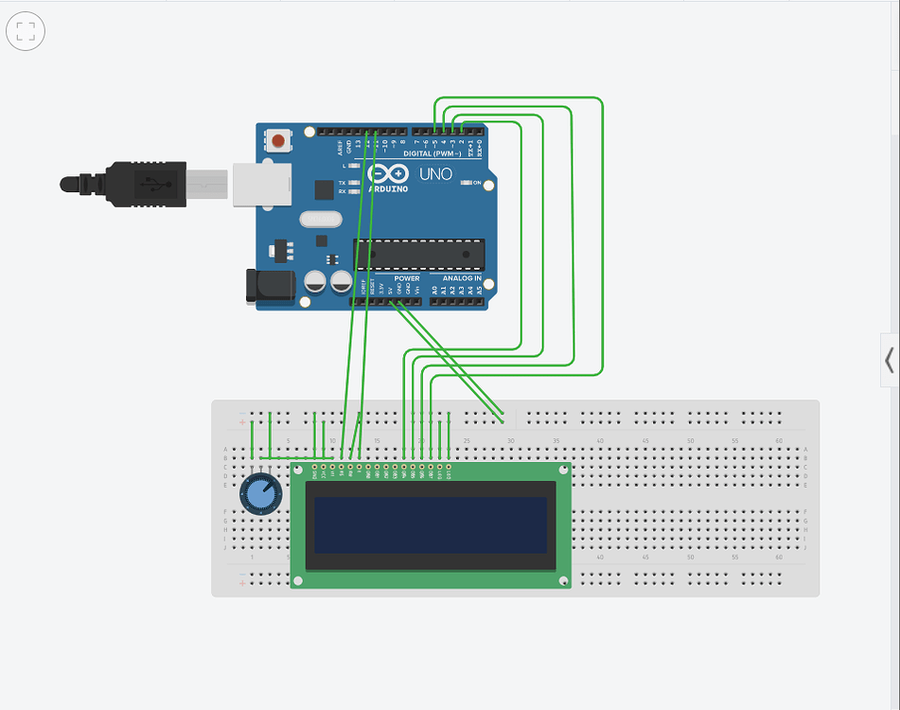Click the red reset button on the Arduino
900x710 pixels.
point(278,142)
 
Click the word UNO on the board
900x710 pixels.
point(436,175)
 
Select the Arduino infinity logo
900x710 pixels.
point(388,174)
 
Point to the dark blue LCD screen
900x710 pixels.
point(431,525)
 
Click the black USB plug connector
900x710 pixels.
point(142,184)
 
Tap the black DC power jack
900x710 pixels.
point(264,287)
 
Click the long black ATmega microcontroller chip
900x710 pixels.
point(419,254)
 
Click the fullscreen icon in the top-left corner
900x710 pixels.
point(26,31)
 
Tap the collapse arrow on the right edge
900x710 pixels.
point(890,360)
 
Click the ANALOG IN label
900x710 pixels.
point(462,278)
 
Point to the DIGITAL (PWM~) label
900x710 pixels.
point(432,153)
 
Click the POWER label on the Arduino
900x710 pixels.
point(407,278)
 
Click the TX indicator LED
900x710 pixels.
point(352,183)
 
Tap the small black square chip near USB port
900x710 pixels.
point(325,190)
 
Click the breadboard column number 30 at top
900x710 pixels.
point(511,440)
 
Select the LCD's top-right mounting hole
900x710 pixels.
point(562,470)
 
